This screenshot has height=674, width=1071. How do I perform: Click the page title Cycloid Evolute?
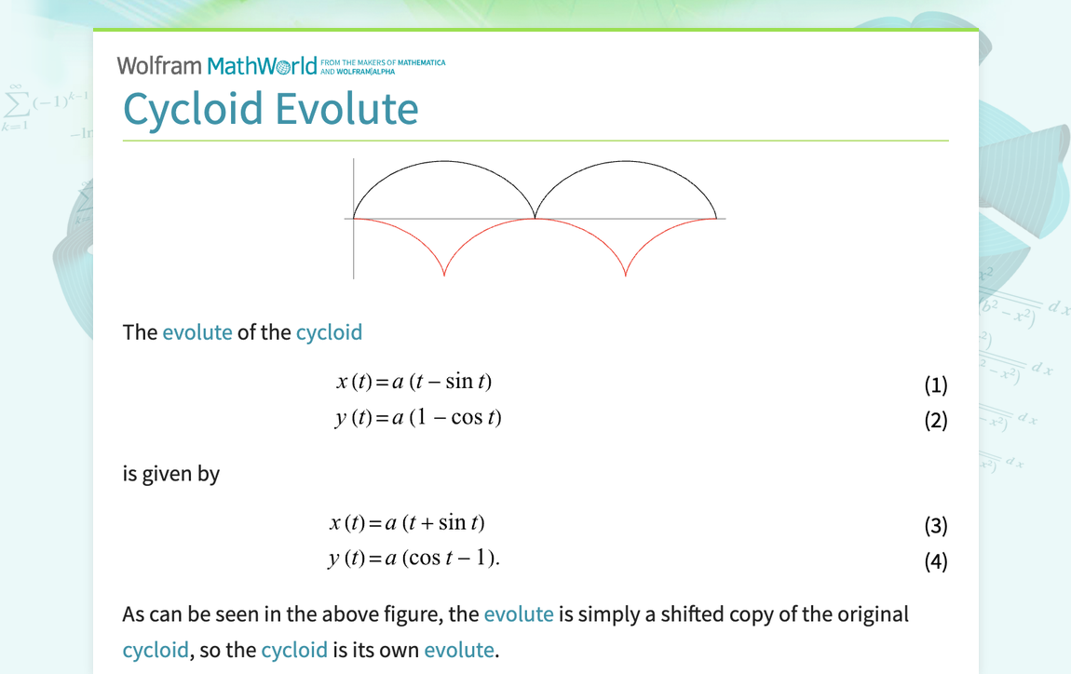tap(270, 108)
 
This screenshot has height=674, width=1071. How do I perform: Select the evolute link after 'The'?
tap(197, 332)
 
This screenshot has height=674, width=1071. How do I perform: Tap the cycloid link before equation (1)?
tap(329, 332)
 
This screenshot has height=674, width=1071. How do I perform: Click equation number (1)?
tap(935, 384)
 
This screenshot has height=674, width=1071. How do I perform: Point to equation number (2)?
tap(935, 420)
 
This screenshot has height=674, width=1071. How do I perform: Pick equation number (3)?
tap(935, 526)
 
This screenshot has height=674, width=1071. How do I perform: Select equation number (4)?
tap(935, 561)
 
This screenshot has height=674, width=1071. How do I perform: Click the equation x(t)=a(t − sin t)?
tap(413, 382)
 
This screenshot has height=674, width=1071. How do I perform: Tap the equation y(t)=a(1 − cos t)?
tap(418, 417)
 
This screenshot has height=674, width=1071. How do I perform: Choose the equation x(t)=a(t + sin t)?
tap(407, 523)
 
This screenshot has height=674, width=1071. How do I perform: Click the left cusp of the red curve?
tap(444, 275)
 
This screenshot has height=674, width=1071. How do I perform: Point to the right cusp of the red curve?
tap(625, 275)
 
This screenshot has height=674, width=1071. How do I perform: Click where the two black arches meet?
tap(535, 217)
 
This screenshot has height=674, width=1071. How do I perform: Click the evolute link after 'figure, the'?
tap(519, 614)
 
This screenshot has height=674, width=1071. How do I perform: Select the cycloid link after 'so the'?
tap(294, 650)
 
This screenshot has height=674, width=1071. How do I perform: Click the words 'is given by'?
tap(171, 473)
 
